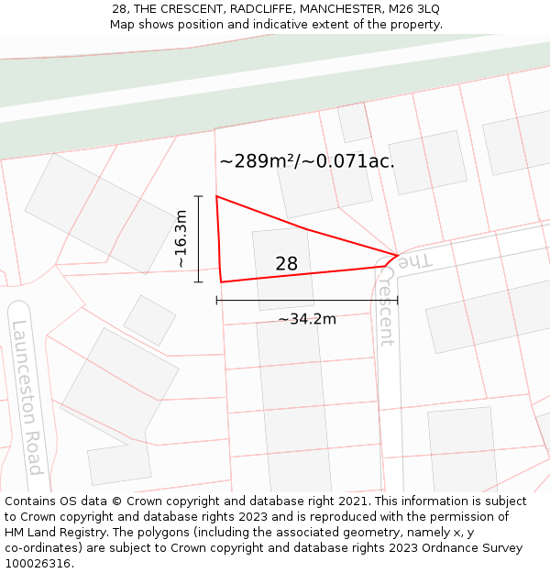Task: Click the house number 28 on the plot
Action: click(x=286, y=264)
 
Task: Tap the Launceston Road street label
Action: click(x=27, y=396)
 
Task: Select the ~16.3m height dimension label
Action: click(x=181, y=239)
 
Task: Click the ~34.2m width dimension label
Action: click(x=307, y=319)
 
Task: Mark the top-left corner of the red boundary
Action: click(x=216, y=196)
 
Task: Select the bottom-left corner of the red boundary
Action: click(x=221, y=281)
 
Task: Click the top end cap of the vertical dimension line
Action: click(x=198, y=196)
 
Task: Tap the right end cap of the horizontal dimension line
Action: click(x=398, y=300)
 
